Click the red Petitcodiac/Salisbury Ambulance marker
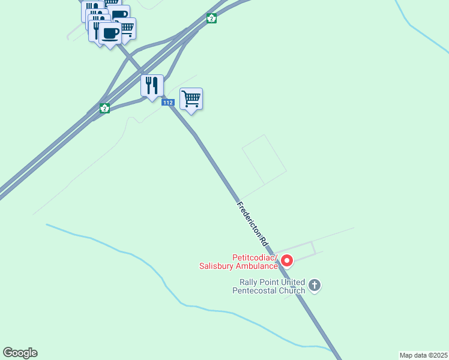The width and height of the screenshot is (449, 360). (x=287, y=260)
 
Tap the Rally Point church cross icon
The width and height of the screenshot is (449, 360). (x=314, y=286)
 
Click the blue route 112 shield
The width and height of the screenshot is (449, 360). (x=168, y=103)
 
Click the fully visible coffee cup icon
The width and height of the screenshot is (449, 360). (x=110, y=34)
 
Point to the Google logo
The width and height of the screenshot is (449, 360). (x=20, y=353)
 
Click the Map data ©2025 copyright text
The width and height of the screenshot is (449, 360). (x=423, y=355)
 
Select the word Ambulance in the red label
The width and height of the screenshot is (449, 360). (x=256, y=266)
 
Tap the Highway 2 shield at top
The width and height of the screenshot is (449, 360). (x=211, y=18)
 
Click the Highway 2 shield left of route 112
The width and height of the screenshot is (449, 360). (x=105, y=108)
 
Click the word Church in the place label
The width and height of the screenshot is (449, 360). (x=291, y=291)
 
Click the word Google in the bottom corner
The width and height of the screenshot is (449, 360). (x=20, y=353)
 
